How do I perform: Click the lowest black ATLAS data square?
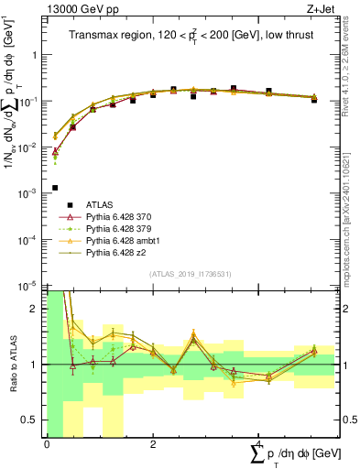(55, 188)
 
